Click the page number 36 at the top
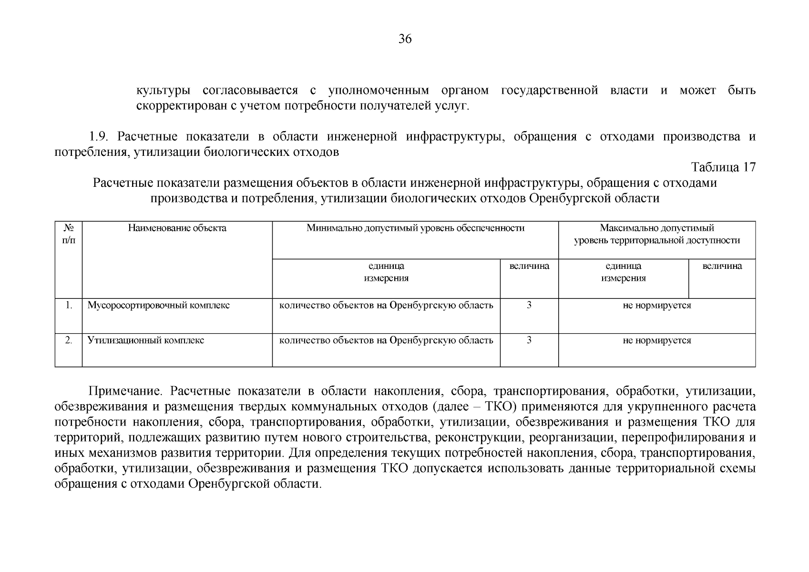pos(405,39)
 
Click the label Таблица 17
pos(723,167)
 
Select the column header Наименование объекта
pos(177,228)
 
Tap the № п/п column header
pos(69,234)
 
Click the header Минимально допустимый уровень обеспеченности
pos(415,228)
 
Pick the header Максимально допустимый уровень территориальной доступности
pos(656,234)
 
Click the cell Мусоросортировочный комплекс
pos(158,306)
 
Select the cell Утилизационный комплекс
pos(145,340)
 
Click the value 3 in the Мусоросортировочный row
pos(529,305)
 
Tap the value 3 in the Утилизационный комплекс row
pos(529,340)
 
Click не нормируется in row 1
pos(656,306)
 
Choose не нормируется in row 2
pos(656,340)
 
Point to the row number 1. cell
pos(69,305)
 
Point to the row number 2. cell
pos(69,340)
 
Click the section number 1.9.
pos(100,137)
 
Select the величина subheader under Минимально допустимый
pos(529,266)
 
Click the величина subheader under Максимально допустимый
pos(722,266)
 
